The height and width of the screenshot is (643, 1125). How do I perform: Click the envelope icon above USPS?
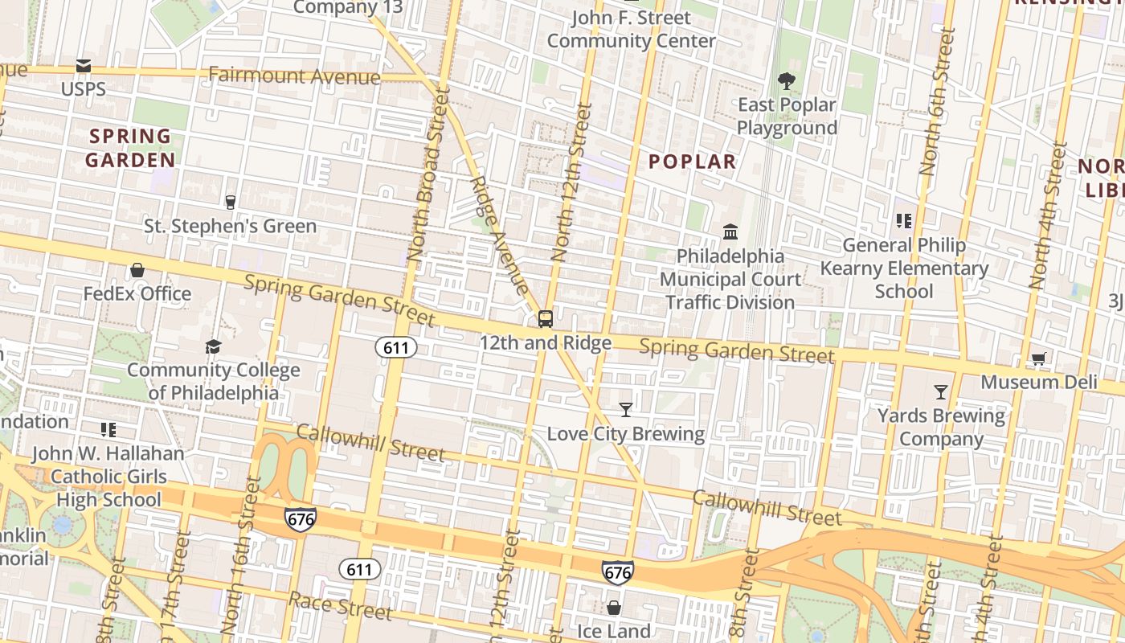tap(84, 66)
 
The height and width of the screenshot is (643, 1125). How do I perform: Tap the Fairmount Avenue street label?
tap(294, 76)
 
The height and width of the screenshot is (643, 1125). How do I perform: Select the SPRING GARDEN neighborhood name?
tap(130, 148)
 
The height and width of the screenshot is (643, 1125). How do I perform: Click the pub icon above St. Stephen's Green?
tap(231, 202)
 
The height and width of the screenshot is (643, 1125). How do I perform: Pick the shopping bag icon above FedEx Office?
tap(137, 270)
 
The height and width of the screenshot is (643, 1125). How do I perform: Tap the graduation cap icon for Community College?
tap(213, 346)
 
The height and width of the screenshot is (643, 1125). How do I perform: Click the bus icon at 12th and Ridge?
tap(546, 319)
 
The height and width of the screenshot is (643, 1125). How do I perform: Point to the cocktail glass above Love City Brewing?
tap(626, 410)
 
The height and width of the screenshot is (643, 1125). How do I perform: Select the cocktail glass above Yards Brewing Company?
tap(941, 392)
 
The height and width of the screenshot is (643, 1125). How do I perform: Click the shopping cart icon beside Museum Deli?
tap(1039, 358)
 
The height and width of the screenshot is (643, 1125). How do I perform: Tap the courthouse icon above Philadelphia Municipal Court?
tap(730, 232)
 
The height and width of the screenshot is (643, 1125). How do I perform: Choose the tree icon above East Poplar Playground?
tap(786, 80)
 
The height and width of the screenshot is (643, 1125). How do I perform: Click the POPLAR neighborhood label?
tap(692, 162)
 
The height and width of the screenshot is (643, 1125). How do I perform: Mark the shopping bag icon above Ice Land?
tap(614, 608)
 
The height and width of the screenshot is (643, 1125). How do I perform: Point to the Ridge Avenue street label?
tap(499, 235)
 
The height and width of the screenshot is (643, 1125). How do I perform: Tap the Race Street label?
tap(340, 606)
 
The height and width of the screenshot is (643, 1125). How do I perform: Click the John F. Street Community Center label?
tap(631, 29)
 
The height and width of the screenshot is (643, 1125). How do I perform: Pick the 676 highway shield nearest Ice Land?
tap(617, 573)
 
